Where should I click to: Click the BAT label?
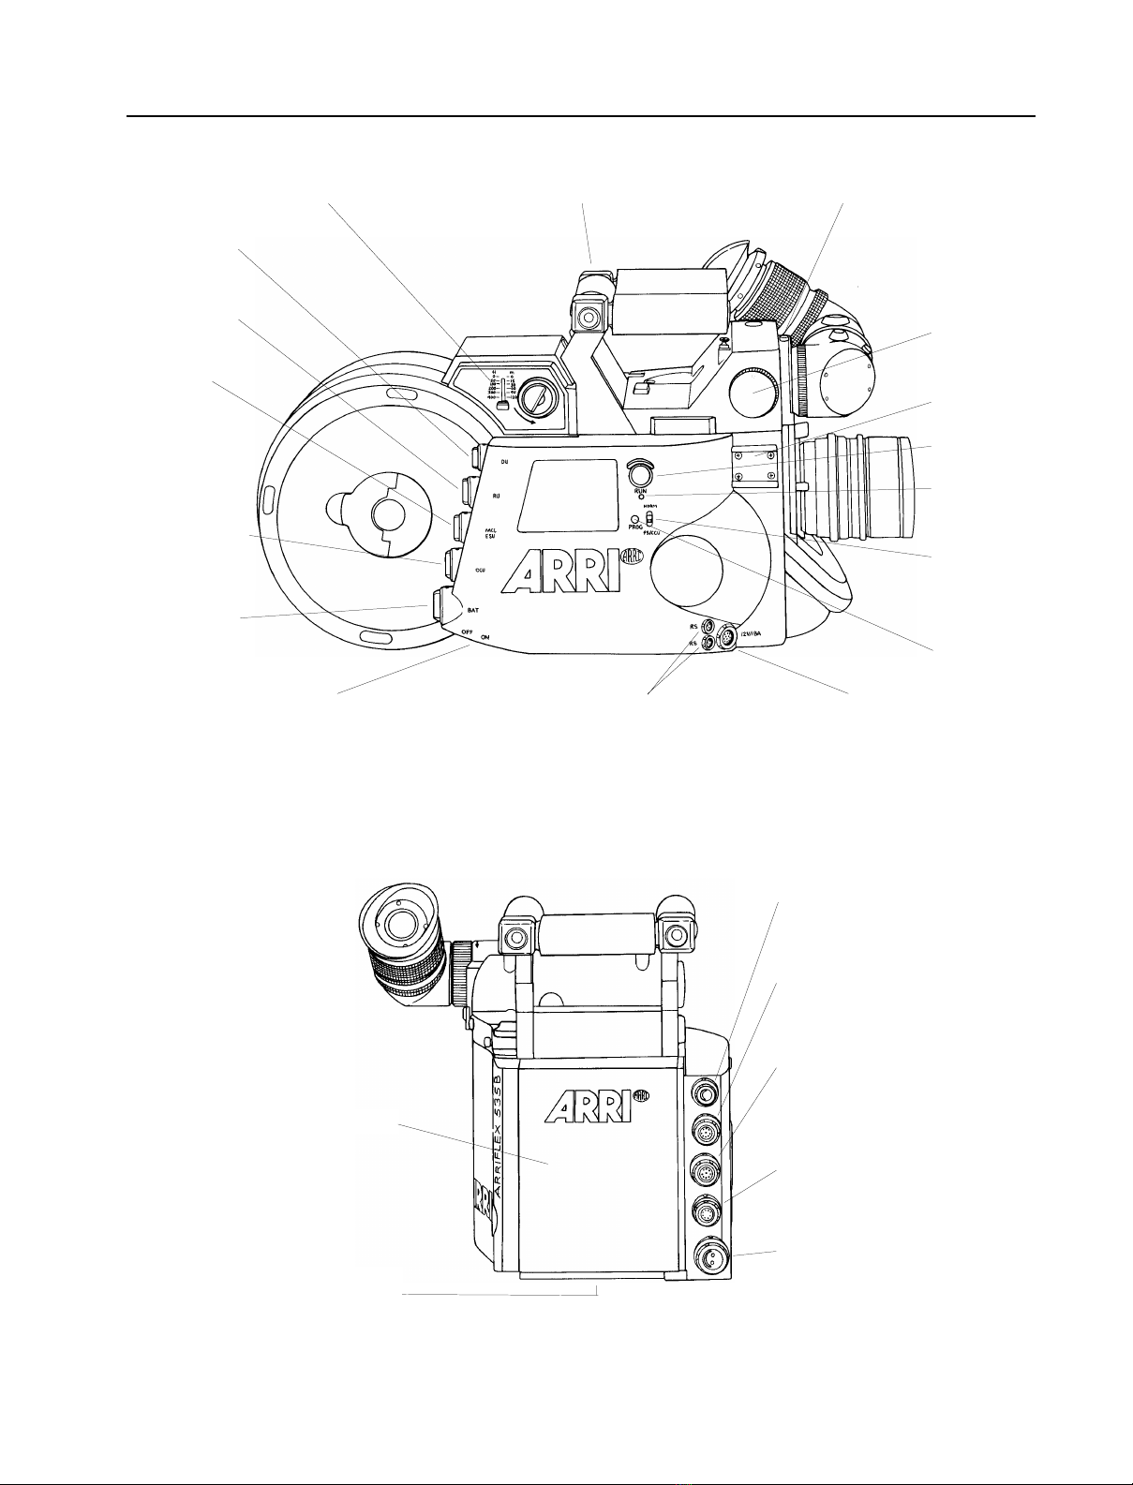[474, 610]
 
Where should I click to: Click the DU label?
[504, 463]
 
